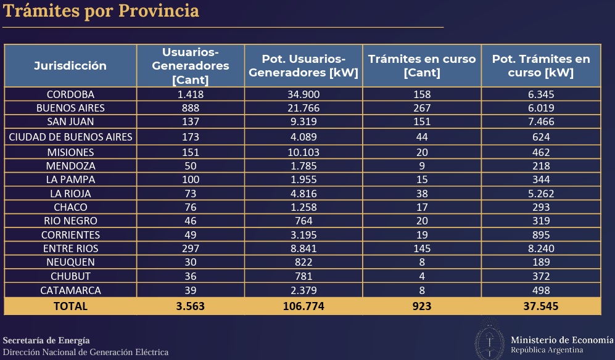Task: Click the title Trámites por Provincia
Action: click(102, 11)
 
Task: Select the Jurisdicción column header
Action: click(70, 65)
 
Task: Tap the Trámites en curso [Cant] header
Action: click(422, 65)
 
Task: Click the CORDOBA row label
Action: click(70, 94)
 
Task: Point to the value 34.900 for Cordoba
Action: click(304, 94)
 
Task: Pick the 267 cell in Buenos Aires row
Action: click(422, 108)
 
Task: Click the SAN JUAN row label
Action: click(70, 121)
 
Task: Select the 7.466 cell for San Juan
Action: click(540, 121)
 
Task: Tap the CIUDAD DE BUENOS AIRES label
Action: click(70, 137)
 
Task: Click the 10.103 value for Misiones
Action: click(304, 152)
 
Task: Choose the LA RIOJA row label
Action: click(70, 194)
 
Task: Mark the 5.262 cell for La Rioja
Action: click(540, 194)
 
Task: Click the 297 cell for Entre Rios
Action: click(190, 248)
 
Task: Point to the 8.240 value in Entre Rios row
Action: click(540, 248)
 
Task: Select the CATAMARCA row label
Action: click(70, 290)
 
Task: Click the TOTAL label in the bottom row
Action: click(70, 306)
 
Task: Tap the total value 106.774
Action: click(304, 306)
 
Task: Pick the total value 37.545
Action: click(540, 306)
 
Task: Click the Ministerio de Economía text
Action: click(562, 340)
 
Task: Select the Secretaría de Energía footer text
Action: click(46, 340)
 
